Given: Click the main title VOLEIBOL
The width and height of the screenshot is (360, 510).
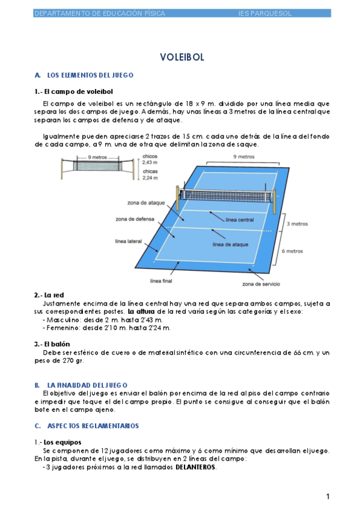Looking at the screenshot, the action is point(182,57).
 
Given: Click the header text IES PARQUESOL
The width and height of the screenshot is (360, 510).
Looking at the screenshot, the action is point(265,13).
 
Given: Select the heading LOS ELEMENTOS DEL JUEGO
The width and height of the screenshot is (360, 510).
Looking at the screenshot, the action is point(90,75).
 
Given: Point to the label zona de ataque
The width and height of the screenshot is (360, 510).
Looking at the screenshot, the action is point(146,203).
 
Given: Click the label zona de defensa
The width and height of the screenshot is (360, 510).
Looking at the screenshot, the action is point(135,220).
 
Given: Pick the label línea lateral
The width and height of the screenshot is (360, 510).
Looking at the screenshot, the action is point(129,241).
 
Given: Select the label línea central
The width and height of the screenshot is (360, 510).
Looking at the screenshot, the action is point(239,220).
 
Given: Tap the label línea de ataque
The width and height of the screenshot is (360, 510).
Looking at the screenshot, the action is point(230,245).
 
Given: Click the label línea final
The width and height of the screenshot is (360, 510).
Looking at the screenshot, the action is point(161,281).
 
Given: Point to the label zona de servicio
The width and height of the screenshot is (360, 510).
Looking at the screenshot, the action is point(261,284).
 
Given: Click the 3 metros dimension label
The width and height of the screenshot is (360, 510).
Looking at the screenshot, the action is point(297,224).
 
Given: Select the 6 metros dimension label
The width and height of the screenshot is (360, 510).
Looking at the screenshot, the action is point(292,251).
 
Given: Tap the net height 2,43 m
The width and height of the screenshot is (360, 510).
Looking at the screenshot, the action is point(150,162).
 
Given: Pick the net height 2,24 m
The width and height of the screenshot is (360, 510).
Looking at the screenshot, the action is point(150,178).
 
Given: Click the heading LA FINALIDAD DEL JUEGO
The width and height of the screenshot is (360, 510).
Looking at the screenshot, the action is point(87,386).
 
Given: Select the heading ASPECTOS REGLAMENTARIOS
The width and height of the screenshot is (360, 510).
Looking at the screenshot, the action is point(93,426).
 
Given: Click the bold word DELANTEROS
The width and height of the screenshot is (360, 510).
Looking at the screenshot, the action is point(195,467).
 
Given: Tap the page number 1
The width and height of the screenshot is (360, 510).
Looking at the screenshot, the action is point(328,496).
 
